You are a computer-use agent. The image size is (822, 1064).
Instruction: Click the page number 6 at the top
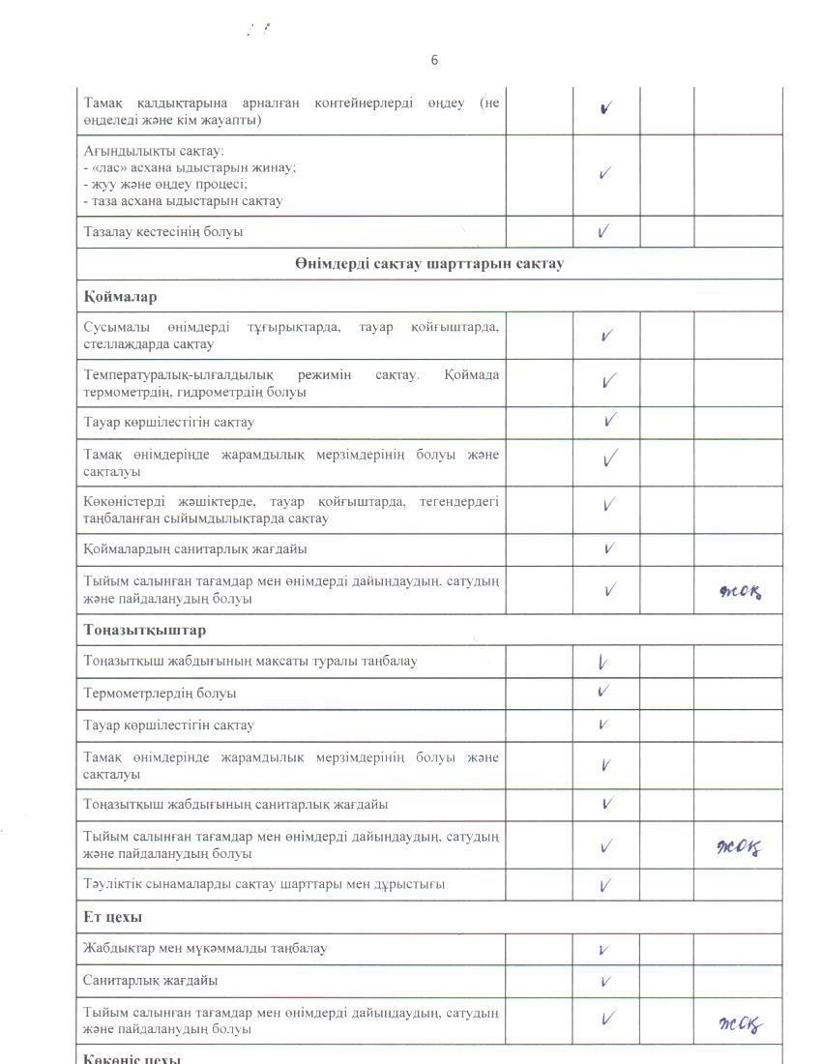[434, 60]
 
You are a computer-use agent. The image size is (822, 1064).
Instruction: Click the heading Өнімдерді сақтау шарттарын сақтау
[429, 263]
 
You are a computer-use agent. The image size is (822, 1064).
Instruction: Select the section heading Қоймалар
[120, 296]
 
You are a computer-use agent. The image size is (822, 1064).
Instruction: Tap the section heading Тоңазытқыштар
[144, 630]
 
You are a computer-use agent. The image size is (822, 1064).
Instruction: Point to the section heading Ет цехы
[113, 916]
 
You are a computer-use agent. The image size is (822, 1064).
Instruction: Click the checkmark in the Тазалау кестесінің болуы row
[603, 231]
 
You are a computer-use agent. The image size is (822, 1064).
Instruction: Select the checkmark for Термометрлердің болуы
[603, 692]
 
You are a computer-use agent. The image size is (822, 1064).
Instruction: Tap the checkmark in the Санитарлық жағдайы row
[605, 981]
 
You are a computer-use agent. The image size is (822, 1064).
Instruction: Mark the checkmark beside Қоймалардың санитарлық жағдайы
[609, 548]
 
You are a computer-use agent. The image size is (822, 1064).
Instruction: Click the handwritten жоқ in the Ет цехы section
[742, 1024]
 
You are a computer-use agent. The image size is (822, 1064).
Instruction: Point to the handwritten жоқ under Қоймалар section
[741, 591]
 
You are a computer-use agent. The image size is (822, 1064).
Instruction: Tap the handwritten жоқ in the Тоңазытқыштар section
[740, 848]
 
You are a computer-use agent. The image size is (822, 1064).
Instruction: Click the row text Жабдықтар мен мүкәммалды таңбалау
[205, 948]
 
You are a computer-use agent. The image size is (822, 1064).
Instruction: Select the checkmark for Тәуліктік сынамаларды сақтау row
[605, 884]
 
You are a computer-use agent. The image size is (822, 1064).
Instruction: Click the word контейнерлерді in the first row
[366, 103]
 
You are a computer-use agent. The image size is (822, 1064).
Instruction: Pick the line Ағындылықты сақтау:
[154, 151]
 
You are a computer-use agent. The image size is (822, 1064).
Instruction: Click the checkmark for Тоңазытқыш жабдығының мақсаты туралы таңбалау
[602, 663]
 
